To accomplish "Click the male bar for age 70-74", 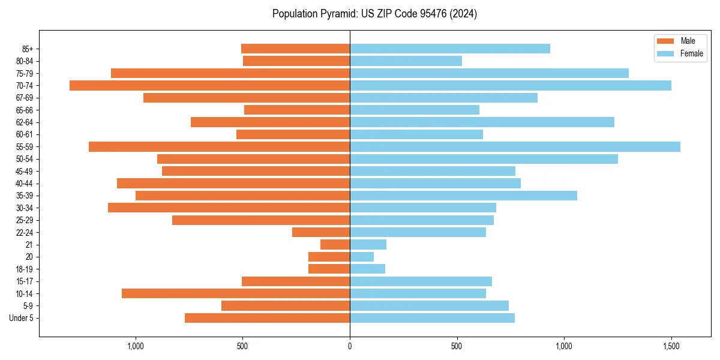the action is (x=209, y=85).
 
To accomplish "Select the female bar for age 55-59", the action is (x=515, y=146).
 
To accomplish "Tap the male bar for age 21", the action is (x=335, y=244).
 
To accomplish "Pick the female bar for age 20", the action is (x=362, y=257).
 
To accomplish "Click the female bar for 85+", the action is (x=450, y=49).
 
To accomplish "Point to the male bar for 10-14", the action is (x=236, y=293).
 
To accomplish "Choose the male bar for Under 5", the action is (x=267, y=318).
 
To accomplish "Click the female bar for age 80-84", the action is (x=406, y=61).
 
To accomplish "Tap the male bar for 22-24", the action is (x=321, y=232).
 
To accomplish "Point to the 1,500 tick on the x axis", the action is (x=671, y=347).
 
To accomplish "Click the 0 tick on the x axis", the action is (x=350, y=347).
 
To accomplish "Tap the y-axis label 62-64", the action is (x=25, y=122).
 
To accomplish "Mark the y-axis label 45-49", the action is (x=25, y=171).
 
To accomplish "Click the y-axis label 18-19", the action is (x=25, y=269).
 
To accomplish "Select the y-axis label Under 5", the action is (x=22, y=318).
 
